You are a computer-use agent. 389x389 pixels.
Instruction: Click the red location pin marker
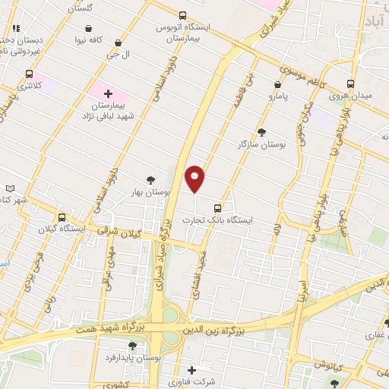tap(195, 178)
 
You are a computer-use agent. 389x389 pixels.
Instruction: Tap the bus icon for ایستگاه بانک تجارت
tap(218, 207)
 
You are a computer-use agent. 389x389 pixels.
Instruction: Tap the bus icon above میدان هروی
tap(350, 84)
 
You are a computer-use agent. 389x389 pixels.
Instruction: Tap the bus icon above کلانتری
tap(30, 74)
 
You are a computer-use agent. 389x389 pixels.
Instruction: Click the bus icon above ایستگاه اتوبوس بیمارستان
tap(182, 15)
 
